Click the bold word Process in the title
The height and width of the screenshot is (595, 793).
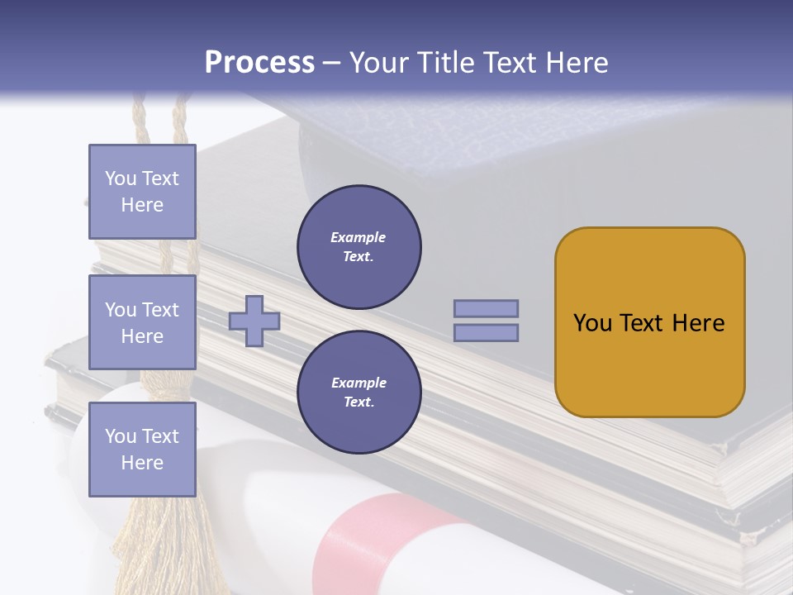(259, 63)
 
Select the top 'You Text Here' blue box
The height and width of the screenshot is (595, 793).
(142, 192)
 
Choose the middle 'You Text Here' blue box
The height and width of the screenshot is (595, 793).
(142, 322)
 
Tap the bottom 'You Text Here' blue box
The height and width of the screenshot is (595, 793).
(142, 450)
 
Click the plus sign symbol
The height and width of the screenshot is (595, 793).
(254, 321)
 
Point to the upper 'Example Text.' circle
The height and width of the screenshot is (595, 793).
(359, 247)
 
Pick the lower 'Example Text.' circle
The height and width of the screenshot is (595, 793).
(359, 393)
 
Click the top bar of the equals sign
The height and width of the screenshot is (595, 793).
(486, 308)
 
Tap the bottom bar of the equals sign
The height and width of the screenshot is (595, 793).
(486, 333)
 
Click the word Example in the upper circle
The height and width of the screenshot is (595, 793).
(359, 237)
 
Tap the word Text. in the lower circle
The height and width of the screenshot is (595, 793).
(359, 402)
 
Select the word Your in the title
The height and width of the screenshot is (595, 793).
(378, 63)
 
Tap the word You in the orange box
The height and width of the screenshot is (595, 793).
(592, 323)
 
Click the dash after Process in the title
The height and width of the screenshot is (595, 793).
(331, 63)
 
